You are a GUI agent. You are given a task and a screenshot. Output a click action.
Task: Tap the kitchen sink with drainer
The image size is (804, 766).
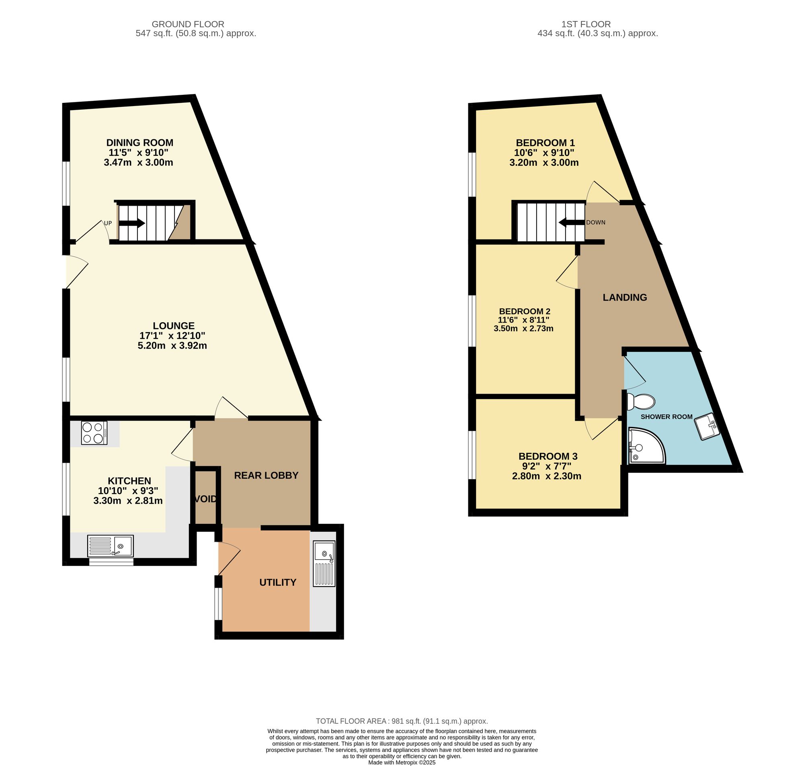pyautogui.click(x=110, y=545)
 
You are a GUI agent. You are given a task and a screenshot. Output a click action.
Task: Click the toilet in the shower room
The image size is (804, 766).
pyautogui.click(x=641, y=401)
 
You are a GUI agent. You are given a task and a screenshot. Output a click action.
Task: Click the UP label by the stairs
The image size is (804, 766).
pyautogui.click(x=107, y=223)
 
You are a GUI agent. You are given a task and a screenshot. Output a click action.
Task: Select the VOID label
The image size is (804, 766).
pyautogui.click(x=205, y=499)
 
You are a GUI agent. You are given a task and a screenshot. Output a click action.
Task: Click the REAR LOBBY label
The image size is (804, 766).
pyautogui.click(x=266, y=475)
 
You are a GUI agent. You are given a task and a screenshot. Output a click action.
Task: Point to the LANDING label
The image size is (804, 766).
pyautogui.click(x=625, y=297)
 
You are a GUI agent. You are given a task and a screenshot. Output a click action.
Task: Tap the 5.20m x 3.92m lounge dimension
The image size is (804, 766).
pyautogui.click(x=172, y=346)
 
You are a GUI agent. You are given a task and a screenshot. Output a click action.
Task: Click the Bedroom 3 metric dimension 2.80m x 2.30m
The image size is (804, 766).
pyautogui.click(x=546, y=476)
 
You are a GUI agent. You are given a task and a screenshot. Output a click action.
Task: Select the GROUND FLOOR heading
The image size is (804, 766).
pyautogui.click(x=188, y=25)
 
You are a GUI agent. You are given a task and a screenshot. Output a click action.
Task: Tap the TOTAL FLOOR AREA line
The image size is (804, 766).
pyautogui.click(x=402, y=721)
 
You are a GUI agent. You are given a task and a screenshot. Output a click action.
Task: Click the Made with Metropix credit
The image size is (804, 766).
pyautogui.click(x=402, y=762)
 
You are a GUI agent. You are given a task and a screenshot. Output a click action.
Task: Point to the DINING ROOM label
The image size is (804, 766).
pyautogui.click(x=140, y=143)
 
